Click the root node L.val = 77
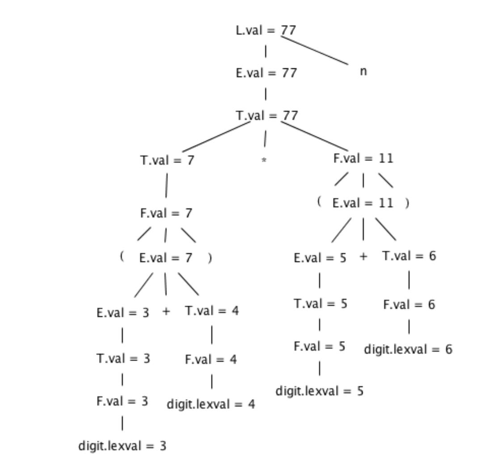coord(266,30)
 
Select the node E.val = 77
coord(266,73)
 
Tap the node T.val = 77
coord(266,116)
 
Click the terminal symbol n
coord(363,72)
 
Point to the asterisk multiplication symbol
coord(264,160)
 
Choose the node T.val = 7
coord(167,160)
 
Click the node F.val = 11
coord(363,159)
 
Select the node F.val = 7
coord(166,213)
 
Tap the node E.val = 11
coord(363,203)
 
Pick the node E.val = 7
coord(166,258)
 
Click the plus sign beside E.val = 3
coord(166,311)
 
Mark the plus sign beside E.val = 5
coord(363,257)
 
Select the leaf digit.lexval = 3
coord(122,446)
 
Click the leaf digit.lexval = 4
coord(211,404)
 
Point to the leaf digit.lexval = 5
coord(320,391)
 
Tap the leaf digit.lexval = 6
coord(408,349)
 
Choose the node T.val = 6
coord(409,256)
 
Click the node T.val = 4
coord(211,311)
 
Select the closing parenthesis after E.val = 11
coord(406,203)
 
